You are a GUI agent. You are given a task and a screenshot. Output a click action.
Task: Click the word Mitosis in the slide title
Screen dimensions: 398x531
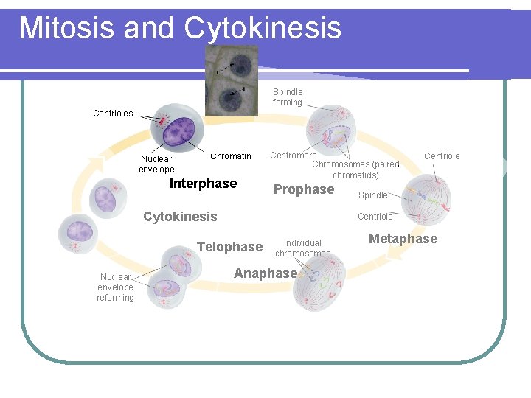tap(66, 28)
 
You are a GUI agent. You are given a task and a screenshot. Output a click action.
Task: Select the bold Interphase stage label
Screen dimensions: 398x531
tap(203, 184)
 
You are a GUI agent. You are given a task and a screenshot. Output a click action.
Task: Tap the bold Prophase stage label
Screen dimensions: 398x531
tap(304, 189)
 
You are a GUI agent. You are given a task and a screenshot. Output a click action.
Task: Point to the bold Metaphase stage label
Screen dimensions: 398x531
tap(403, 239)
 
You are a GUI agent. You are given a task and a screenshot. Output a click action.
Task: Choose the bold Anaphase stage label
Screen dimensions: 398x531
tap(265, 273)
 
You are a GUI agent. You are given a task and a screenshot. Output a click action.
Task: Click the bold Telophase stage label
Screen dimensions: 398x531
tap(229, 247)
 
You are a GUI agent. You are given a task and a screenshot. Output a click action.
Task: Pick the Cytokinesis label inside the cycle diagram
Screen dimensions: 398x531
tap(180, 217)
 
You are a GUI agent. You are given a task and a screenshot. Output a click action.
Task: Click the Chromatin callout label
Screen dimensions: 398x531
tap(230, 156)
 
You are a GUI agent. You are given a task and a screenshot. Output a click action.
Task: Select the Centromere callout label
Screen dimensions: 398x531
tap(293, 156)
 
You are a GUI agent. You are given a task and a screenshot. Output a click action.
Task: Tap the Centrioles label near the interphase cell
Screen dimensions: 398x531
tap(113, 114)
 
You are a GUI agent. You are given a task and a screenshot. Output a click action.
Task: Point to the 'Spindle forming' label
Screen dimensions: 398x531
tap(288, 97)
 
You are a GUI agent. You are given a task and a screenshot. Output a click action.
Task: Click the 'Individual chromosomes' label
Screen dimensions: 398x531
tap(302, 248)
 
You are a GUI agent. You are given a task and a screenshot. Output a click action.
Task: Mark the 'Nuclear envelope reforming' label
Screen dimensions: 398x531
tap(115, 287)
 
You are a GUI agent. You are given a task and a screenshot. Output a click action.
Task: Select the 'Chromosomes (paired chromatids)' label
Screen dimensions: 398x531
tap(355, 170)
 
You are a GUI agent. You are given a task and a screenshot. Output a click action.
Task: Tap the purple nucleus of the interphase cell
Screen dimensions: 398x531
tap(178, 133)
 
